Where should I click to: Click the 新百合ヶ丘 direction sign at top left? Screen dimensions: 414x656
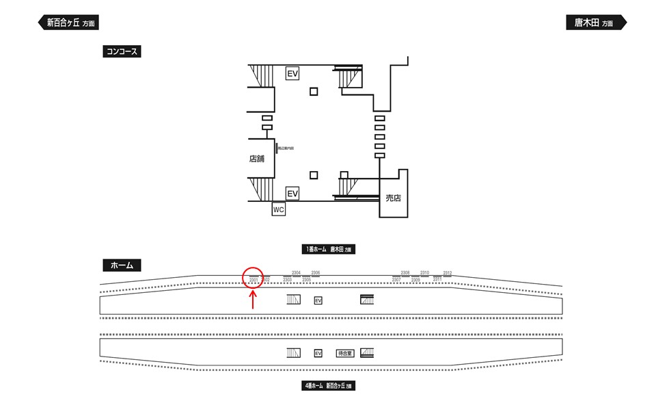pos(68,23)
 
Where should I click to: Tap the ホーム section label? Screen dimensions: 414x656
pos(121,265)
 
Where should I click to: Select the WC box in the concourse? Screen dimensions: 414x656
pos(278,210)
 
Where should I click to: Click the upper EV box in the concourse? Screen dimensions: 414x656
pos(292,73)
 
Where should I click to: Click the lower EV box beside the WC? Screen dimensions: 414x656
pos(292,194)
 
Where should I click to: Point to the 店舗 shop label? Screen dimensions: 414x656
pos(257,159)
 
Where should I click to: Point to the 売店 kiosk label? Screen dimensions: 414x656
pos(393,198)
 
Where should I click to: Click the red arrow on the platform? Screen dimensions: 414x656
pos(254,300)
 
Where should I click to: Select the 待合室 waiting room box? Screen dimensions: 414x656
pos(344,353)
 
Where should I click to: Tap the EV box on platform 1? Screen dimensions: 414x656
pos(318,300)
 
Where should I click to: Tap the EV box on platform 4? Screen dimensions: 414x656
pos(318,353)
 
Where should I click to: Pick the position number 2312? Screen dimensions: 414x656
pos(448,273)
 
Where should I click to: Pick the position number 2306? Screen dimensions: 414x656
pos(316,273)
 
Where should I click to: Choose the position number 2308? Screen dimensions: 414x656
pos(405,273)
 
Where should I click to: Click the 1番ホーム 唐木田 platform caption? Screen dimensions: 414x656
pos(329,250)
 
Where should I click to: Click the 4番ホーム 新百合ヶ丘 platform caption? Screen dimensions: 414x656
pos(329,386)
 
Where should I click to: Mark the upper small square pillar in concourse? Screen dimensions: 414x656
pos(314,92)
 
